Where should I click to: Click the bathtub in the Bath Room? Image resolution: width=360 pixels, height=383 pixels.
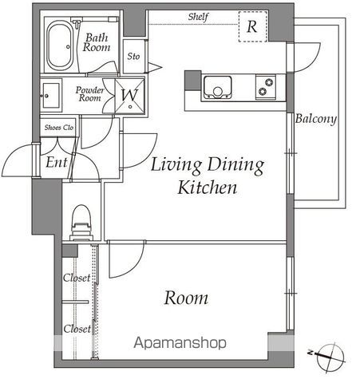[60, 45]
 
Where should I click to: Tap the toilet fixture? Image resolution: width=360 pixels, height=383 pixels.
[81, 223]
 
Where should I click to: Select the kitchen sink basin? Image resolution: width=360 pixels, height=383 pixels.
[217, 87]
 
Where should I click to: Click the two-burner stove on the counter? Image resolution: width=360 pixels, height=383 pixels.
[266, 87]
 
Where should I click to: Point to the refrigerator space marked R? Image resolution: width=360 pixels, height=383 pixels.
[253, 26]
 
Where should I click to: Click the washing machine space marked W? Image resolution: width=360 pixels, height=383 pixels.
[129, 96]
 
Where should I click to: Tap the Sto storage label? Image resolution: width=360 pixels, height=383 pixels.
[133, 57]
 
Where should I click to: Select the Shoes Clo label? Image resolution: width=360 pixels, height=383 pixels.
[59, 128]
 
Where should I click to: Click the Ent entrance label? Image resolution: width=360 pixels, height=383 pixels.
[56, 162]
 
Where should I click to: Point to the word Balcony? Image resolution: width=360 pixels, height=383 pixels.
[316, 119]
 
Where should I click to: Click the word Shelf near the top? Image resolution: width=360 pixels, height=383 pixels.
[198, 17]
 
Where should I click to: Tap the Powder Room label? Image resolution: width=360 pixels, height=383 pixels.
[89, 94]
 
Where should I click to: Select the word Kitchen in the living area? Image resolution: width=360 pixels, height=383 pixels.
[207, 188]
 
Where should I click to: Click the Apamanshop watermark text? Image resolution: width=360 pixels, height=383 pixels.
[180, 343]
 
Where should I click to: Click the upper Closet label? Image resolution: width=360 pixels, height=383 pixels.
[77, 278]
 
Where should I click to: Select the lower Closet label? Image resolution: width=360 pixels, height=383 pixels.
[77, 329]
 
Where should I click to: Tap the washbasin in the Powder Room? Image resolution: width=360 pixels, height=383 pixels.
[51, 96]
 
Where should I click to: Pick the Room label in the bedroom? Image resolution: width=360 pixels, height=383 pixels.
[186, 298]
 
